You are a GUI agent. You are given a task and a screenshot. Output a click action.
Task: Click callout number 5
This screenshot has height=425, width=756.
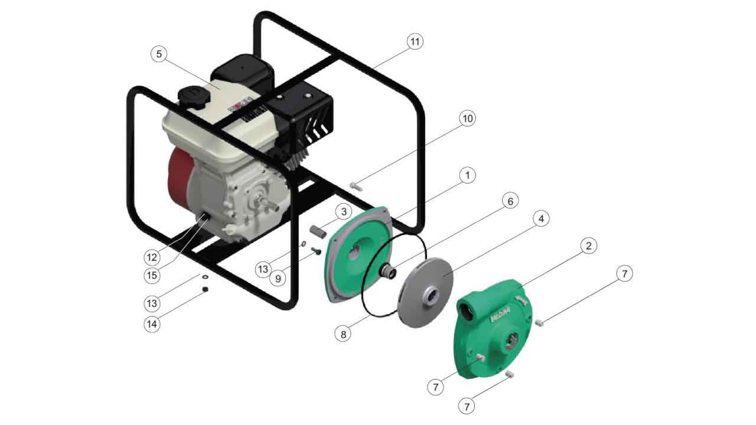click(x=159, y=54)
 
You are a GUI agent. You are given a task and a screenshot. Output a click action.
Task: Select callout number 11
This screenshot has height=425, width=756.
click(x=415, y=41)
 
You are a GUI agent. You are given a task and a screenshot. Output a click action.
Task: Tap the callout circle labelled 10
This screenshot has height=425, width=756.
click(x=467, y=119)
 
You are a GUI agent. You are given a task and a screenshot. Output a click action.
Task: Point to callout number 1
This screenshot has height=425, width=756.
click(x=467, y=175)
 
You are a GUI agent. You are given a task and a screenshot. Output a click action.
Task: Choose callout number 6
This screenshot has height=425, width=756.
click(x=510, y=201)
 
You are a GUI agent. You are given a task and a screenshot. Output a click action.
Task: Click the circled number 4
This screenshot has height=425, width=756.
click(x=541, y=218)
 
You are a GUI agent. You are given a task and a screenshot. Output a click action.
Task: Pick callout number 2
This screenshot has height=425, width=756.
click(x=589, y=246)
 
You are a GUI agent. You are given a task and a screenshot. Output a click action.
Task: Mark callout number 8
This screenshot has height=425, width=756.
click(x=343, y=334)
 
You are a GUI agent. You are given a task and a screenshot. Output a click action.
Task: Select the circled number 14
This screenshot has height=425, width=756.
click(x=152, y=324)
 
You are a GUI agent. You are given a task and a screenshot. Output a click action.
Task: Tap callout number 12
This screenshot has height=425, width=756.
click(x=152, y=258)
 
